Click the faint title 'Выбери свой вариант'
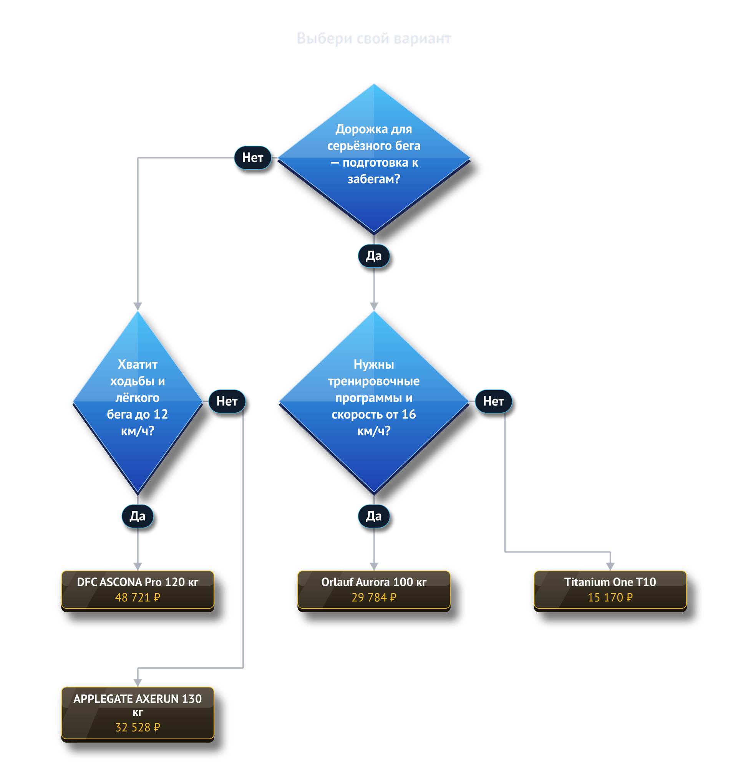pyautogui.click(x=373, y=38)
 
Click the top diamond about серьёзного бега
pyautogui.click(x=373, y=157)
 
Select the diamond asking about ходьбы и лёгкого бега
pyautogui.click(x=138, y=402)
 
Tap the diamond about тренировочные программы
pyautogui.click(x=373, y=402)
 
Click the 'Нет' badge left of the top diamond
pyautogui.click(x=253, y=157)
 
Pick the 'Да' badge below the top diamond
pyautogui.click(x=373, y=256)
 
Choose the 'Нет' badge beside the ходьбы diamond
pyautogui.click(x=227, y=401)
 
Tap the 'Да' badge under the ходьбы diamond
pyautogui.click(x=138, y=516)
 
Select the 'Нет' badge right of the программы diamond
pyautogui.click(x=493, y=401)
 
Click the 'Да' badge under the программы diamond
pyautogui.click(x=373, y=516)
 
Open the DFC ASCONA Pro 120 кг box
pyautogui.click(x=138, y=590)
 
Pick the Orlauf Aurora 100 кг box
pyautogui.click(x=373, y=590)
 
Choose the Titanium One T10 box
pyautogui.click(x=610, y=590)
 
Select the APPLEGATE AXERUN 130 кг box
pyautogui.click(x=138, y=714)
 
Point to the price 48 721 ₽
pyautogui.click(x=138, y=598)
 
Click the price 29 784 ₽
pyautogui.click(x=373, y=598)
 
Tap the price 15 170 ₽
pyautogui.click(x=610, y=598)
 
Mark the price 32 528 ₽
pyautogui.click(x=138, y=728)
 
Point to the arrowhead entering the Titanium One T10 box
pyautogui.click(x=610, y=566)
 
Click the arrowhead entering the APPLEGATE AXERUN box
pyautogui.click(x=138, y=683)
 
